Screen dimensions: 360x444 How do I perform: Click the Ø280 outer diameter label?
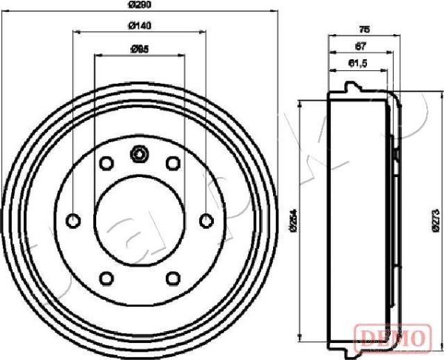[x=139, y=6]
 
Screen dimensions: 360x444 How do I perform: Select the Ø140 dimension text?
[x=139, y=27]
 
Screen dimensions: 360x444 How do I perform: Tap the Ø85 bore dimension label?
[x=139, y=49]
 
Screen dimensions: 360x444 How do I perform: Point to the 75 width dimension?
[x=364, y=29]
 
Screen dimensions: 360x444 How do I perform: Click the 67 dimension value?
[x=360, y=46]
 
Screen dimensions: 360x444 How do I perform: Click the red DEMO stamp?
[x=392, y=338]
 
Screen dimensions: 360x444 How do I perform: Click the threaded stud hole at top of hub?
[x=139, y=154]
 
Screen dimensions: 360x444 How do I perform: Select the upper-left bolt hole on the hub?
[x=106, y=163]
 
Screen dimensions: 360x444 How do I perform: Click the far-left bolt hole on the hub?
[x=73, y=220]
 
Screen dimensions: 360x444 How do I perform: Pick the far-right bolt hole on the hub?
[x=206, y=220]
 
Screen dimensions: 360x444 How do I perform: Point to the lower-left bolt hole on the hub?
[x=106, y=278]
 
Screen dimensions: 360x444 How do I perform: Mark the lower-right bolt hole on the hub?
[x=173, y=278]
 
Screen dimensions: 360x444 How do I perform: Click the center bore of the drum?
[x=139, y=220]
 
